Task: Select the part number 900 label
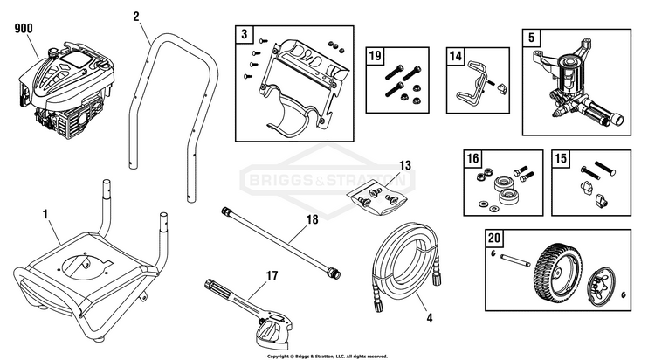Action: coord(24,29)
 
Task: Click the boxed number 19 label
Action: coord(376,56)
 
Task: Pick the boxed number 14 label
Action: coord(456,56)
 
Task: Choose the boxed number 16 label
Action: coord(472,159)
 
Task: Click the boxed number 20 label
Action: coord(494,238)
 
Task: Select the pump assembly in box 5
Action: coord(571,83)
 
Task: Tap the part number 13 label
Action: coord(404,165)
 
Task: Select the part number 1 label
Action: coord(45,212)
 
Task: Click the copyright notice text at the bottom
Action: coord(327,356)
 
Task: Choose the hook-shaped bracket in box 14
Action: coord(472,81)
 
